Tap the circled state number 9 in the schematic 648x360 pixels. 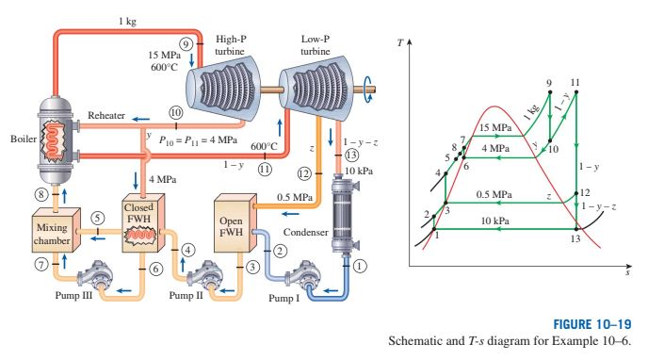[x=186, y=44]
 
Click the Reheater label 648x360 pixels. [x=105, y=115]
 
